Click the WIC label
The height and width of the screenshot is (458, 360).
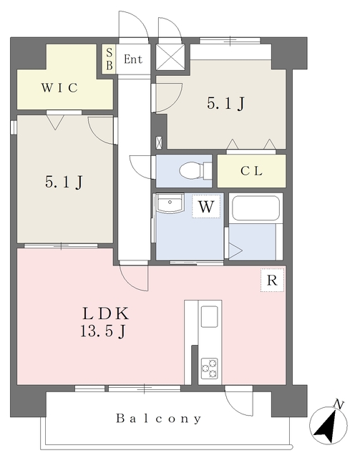tap(59, 87)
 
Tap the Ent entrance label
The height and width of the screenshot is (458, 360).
tap(133, 59)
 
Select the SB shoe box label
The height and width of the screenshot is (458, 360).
tap(109, 59)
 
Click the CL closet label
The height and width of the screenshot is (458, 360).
tap(251, 171)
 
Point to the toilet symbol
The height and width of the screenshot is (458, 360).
tap(195, 170)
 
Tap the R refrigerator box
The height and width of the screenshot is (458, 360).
tap(272, 280)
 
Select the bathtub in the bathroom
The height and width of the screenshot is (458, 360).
tap(256, 208)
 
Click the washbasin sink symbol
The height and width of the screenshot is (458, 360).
tap(170, 202)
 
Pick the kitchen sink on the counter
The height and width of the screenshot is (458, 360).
tap(210, 316)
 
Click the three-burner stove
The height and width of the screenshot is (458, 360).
tap(209, 369)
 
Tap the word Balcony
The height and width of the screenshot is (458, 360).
tap(159, 419)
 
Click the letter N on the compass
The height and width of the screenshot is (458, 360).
tap(339, 405)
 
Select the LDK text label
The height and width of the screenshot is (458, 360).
tap(105, 314)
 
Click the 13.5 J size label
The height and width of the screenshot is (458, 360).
tap(103, 332)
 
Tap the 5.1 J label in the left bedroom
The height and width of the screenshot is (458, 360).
tap(64, 182)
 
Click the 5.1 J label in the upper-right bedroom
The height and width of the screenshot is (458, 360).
tap(225, 104)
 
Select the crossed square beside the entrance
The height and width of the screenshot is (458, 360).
tap(170, 57)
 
